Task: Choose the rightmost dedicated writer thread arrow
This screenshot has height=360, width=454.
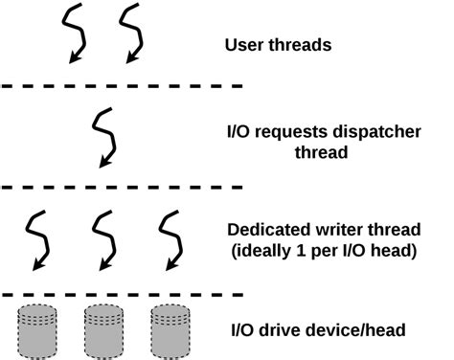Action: pos(170,239)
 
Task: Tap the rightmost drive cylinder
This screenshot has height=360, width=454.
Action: pos(170,327)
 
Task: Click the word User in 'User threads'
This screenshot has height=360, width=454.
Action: pos(243,45)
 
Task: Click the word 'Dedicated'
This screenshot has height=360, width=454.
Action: pos(266,230)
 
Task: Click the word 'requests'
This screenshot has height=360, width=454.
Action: pos(285,130)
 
